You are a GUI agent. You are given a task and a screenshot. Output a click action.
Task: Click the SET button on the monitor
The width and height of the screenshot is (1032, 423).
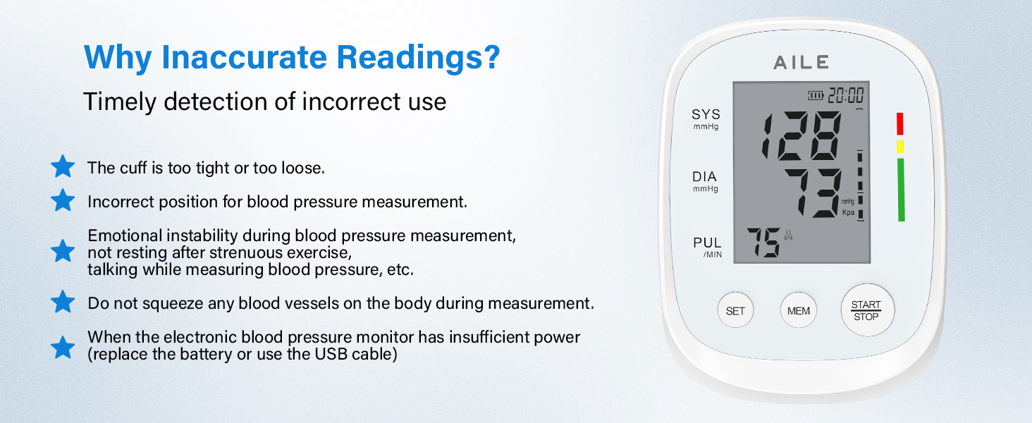coord(735,311)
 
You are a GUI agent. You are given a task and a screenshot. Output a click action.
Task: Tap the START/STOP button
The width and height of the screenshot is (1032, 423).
coord(866,311)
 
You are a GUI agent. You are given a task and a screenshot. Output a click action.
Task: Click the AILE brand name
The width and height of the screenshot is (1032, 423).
coord(801,62)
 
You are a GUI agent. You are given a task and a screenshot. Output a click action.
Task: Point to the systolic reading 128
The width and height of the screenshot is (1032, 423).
coord(801,135)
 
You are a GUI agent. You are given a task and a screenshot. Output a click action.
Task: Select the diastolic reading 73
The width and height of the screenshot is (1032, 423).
coord(813,192)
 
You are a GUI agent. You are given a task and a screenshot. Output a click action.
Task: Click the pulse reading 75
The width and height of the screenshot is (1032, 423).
coord(763,243)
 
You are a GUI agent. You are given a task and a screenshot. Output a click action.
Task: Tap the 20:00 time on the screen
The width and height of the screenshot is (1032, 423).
coord(846,95)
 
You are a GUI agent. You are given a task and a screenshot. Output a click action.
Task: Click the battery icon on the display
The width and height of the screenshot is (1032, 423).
coord(816,95)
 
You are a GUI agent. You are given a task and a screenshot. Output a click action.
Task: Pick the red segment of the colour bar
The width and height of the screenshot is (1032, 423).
coord(900,123)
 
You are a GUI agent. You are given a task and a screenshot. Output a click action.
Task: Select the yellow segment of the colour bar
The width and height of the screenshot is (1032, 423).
coord(900,147)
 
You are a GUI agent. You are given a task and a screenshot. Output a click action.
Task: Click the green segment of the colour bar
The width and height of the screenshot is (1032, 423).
coord(901,190)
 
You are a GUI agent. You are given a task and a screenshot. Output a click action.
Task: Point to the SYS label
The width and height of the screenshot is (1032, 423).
coord(706,115)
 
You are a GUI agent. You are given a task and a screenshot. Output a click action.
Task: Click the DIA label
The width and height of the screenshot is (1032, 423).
coord(704,177)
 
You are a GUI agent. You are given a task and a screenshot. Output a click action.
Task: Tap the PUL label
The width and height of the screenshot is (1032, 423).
coord(707,243)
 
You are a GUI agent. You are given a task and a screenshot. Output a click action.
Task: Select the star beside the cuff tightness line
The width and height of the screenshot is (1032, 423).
coord(63,167)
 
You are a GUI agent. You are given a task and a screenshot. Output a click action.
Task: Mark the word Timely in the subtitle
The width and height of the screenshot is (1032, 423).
coord(120,102)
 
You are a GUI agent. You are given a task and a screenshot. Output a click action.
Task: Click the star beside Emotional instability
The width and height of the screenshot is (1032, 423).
coord(63,251)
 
